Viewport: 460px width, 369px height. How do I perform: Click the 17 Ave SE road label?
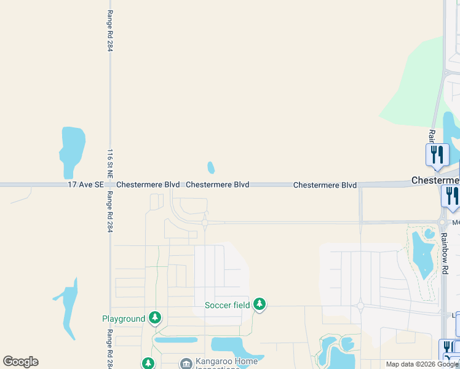(x=83, y=184)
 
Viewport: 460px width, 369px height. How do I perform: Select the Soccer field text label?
(x=227, y=305)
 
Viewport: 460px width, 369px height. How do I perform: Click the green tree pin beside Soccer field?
(x=260, y=303)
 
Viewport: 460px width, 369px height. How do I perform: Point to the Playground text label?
(x=124, y=319)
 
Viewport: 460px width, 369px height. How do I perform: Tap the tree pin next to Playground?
(x=156, y=317)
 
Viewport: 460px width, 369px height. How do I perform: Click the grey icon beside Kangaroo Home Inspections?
(x=186, y=363)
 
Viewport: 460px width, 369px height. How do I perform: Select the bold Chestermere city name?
(x=435, y=180)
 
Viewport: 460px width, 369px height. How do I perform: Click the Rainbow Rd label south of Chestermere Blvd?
(x=443, y=252)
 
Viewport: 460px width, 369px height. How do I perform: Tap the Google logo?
(x=20, y=362)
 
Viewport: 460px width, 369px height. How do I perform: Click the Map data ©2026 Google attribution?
(x=422, y=364)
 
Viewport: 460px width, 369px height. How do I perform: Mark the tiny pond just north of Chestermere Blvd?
(x=211, y=167)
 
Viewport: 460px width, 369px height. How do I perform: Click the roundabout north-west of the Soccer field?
(x=205, y=223)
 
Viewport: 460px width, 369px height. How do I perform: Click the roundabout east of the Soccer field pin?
(x=360, y=306)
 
